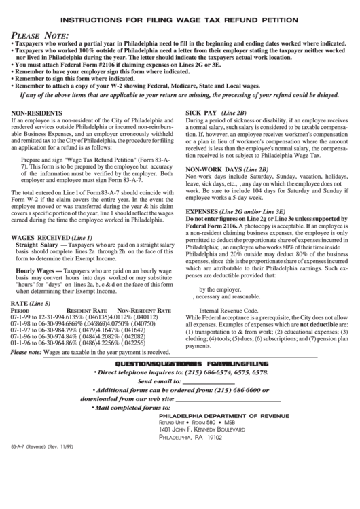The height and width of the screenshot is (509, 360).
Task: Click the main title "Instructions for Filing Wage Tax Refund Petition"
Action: click(x=180, y=21)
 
